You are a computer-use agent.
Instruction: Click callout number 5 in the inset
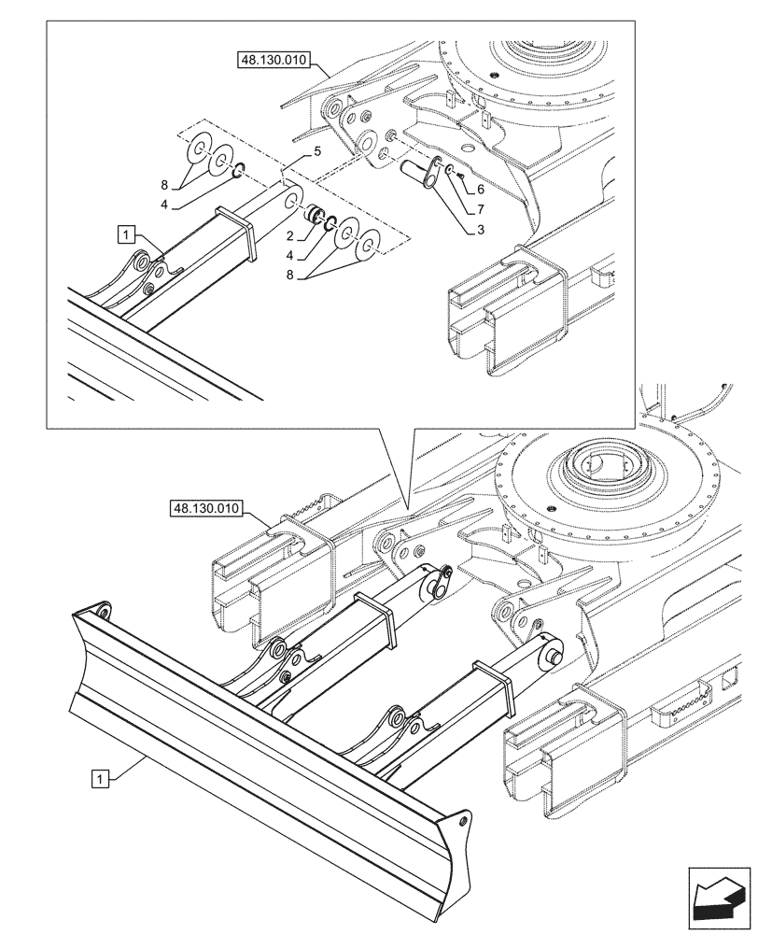pyautogui.click(x=317, y=149)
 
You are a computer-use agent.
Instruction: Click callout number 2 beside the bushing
pyautogui.click(x=291, y=236)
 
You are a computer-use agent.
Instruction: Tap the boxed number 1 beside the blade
pyautogui.click(x=100, y=775)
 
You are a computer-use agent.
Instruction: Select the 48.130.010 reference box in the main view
pyautogui.click(x=206, y=509)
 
